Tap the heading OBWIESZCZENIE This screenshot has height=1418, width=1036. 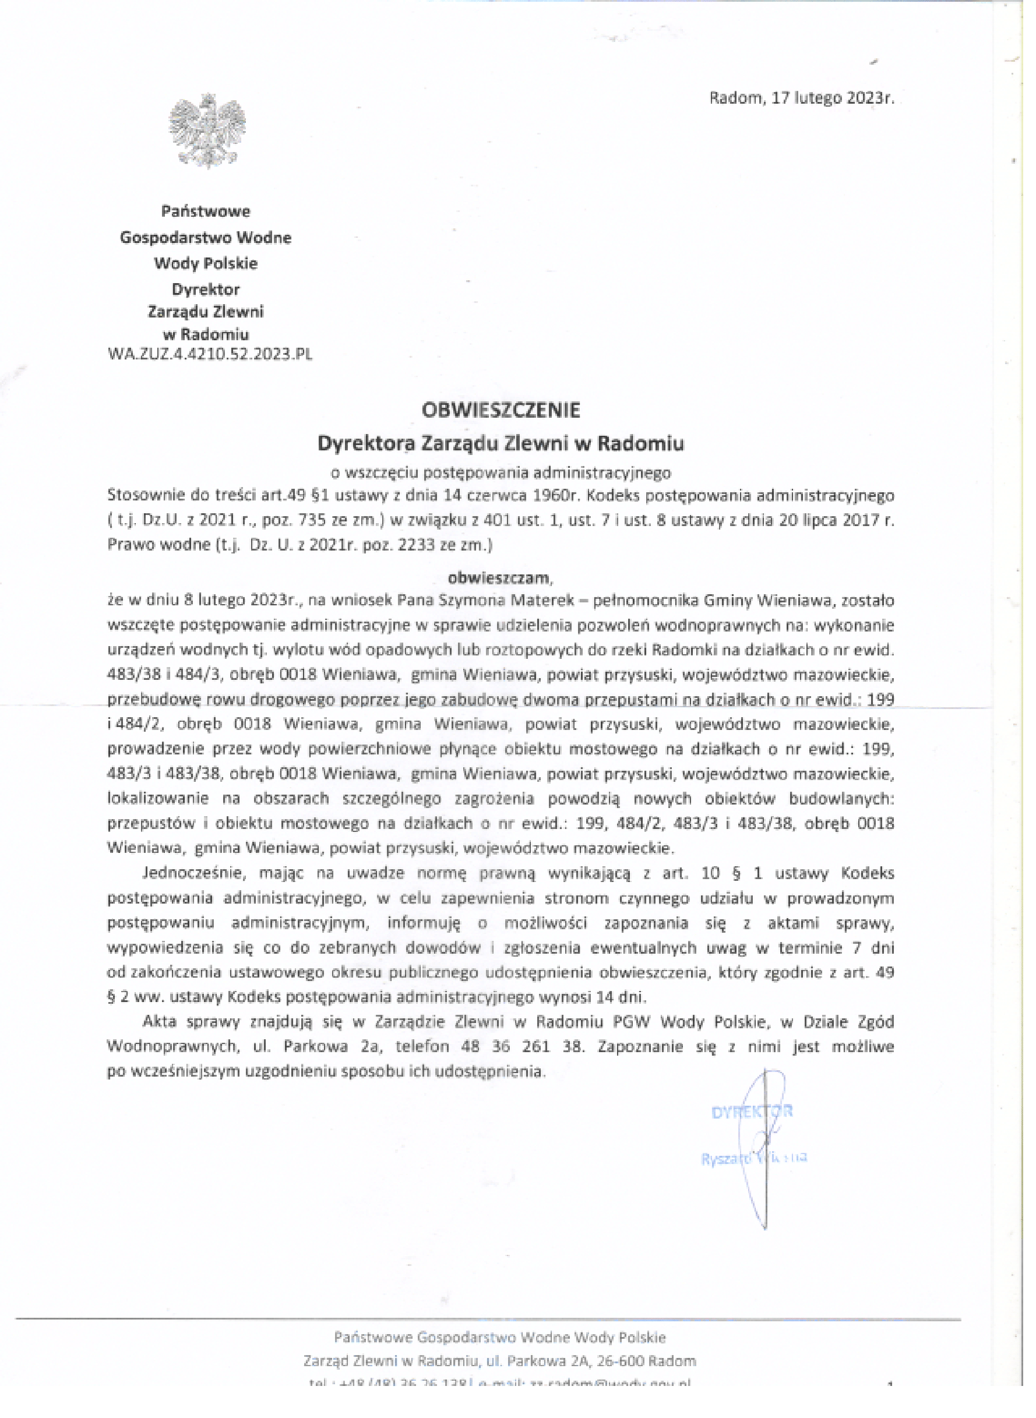tap(501, 410)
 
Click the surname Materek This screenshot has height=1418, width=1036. tap(542, 601)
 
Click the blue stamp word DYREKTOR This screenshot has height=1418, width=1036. tap(752, 1112)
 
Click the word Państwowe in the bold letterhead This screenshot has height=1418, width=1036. tap(206, 211)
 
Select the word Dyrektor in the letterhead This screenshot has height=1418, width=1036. tap(206, 289)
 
